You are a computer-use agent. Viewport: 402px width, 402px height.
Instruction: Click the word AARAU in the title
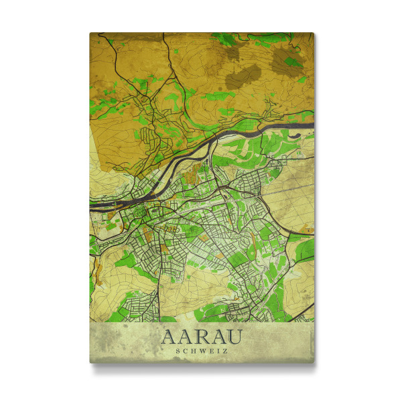pyautogui.click(x=202, y=334)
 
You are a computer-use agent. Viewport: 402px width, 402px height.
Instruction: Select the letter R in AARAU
pyautogui.click(x=202, y=334)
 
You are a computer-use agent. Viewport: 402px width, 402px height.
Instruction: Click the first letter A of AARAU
pyautogui.click(x=169, y=334)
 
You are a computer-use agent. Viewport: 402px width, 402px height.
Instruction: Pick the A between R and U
pyautogui.click(x=218, y=334)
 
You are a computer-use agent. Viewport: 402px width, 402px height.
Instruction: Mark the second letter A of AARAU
pyautogui.click(x=185, y=334)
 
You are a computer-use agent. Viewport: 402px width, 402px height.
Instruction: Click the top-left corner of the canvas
pyautogui.click(x=90, y=33)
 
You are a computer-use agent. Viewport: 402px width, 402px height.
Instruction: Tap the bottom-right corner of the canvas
pyautogui.click(x=314, y=362)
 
